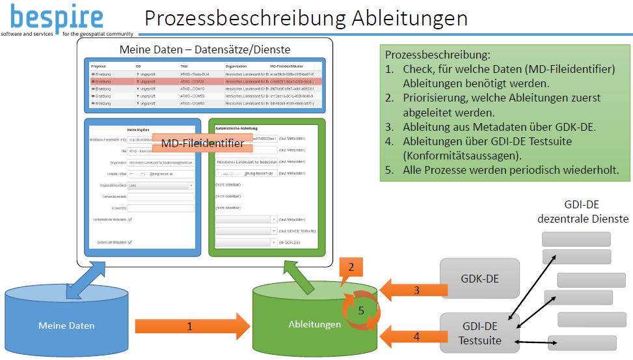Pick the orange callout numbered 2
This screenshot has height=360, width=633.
tap(351, 268)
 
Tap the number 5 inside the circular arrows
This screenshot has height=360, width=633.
tap(362, 311)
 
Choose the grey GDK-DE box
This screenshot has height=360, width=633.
tap(479, 279)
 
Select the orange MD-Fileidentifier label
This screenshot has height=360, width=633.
tap(202, 143)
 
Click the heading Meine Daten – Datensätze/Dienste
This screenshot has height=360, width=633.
tap(206, 49)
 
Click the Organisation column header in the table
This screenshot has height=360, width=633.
tap(236, 66)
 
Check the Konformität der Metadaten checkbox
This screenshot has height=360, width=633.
tap(130, 219)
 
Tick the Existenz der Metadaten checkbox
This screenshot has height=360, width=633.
tap(130, 242)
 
